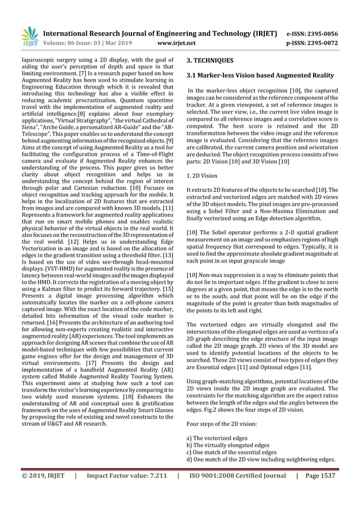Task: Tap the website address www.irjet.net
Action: click(179, 42)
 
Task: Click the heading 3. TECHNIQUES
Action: click(210, 60)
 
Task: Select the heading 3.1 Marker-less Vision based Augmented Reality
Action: click(260, 76)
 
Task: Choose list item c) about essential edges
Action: click(231, 452)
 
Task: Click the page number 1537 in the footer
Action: click(327, 476)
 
